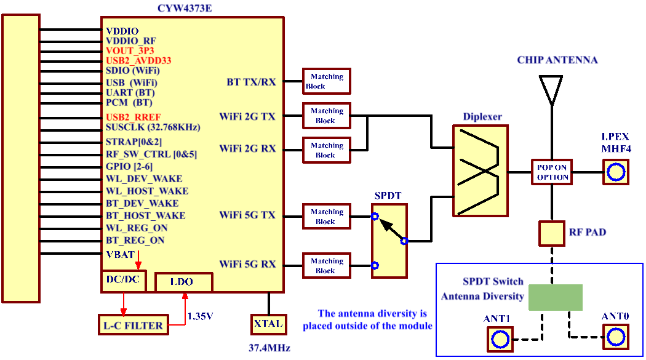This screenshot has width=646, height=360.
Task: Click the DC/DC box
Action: pyautogui.click(x=124, y=280)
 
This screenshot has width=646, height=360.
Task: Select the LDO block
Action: pyautogui.click(x=183, y=282)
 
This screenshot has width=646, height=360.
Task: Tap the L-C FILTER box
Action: pyautogui.click(x=133, y=325)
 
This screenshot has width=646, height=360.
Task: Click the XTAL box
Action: pyautogui.click(x=268, y=324)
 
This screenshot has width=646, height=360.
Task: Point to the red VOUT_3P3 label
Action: pyautogui.click(x=130, y=50)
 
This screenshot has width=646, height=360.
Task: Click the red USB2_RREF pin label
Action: pyautogui.click(x=134, y=117)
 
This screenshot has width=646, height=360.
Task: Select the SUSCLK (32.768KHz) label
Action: pyautogui.click(x=153, y=127)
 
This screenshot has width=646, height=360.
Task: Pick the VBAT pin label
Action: pyautogui.click(x=120, y=254)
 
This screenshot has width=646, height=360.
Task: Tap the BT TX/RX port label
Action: pyautogui.click(x=251, y=82)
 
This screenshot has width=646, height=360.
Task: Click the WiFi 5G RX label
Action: pyautogui.click(x=247, y=264)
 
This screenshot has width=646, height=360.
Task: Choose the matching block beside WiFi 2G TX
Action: pyautogui.click(x=327, y=116)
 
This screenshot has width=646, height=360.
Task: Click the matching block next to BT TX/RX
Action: pyautogui.click(x=327, y=81)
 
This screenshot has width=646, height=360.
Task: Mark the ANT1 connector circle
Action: pyautogui.click(x=500, y=339)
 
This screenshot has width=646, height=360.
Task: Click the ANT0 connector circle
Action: pyautogui.click(x=615, y=336)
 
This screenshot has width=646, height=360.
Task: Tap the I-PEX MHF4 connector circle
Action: pyautogui.click(x=616, y=172)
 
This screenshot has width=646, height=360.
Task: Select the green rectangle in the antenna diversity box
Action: pyautogui.click(x=556, y=297)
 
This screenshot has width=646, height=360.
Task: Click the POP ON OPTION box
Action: pyautogui.click(x=552, y=172)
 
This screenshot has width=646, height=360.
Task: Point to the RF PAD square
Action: pyautogui.click(x=552, y=233)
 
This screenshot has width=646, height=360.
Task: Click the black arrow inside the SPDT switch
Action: pyautogui.click(x=391, y=229)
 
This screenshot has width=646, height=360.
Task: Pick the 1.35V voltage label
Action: pyautogui.click(x=201, y=316)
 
